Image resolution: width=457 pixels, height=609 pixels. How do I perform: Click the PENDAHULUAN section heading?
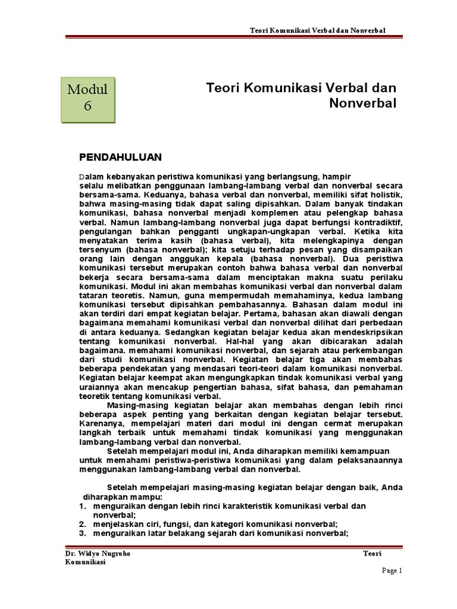point(121,157)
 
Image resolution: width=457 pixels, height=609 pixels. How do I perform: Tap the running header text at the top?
point(317,30)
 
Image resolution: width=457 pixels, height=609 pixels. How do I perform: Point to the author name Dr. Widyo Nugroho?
point(98,553)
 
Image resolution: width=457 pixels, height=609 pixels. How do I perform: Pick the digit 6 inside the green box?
point(87,107)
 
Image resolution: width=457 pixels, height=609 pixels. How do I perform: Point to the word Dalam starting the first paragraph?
point(92,177)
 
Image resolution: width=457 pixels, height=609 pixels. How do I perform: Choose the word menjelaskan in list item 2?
point(120,524)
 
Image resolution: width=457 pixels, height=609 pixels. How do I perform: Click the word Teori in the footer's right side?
point(372,553)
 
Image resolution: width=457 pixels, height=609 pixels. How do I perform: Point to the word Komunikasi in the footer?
point(85,562)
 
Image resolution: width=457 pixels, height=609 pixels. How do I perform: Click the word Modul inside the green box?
point(87,90)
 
